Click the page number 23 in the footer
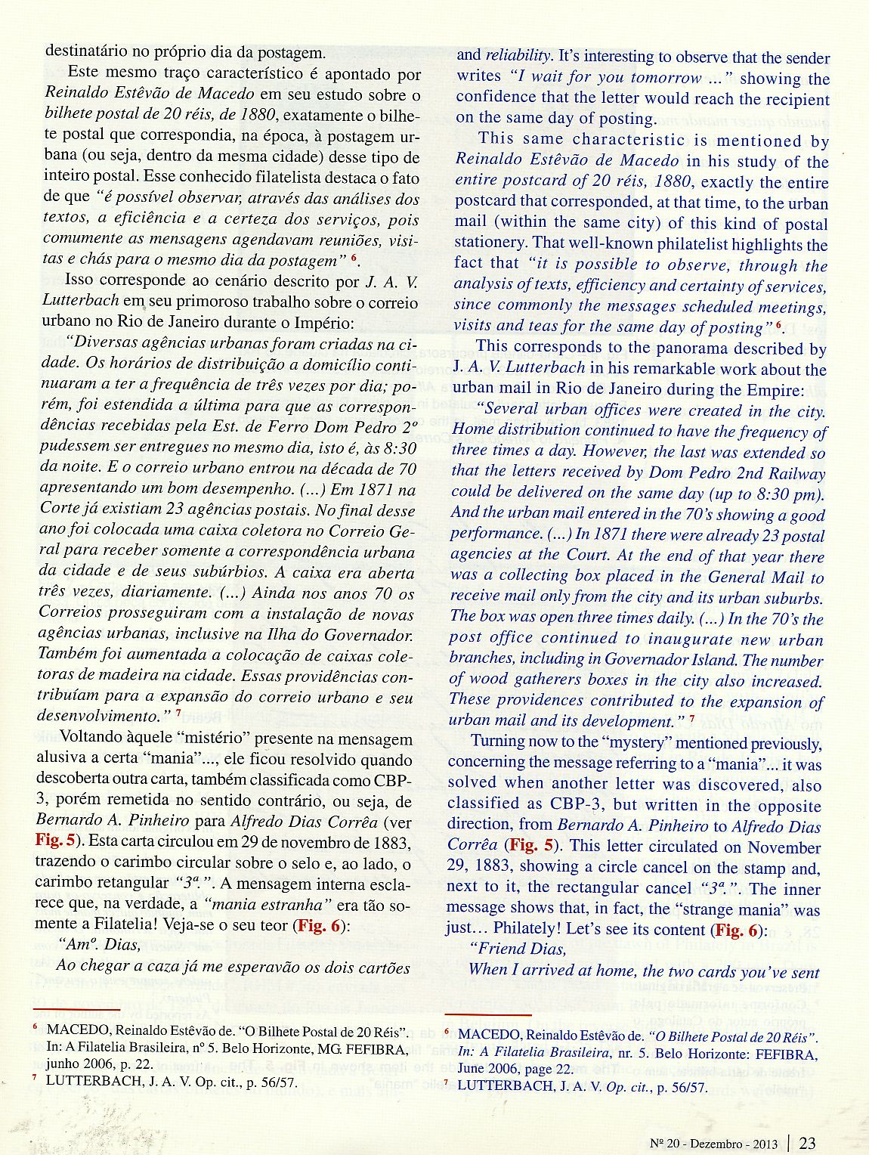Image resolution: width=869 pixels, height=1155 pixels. point(807,1143)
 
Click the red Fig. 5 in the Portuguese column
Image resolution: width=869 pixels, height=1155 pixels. point(54,841)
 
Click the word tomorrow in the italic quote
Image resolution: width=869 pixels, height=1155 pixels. point(665,78)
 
